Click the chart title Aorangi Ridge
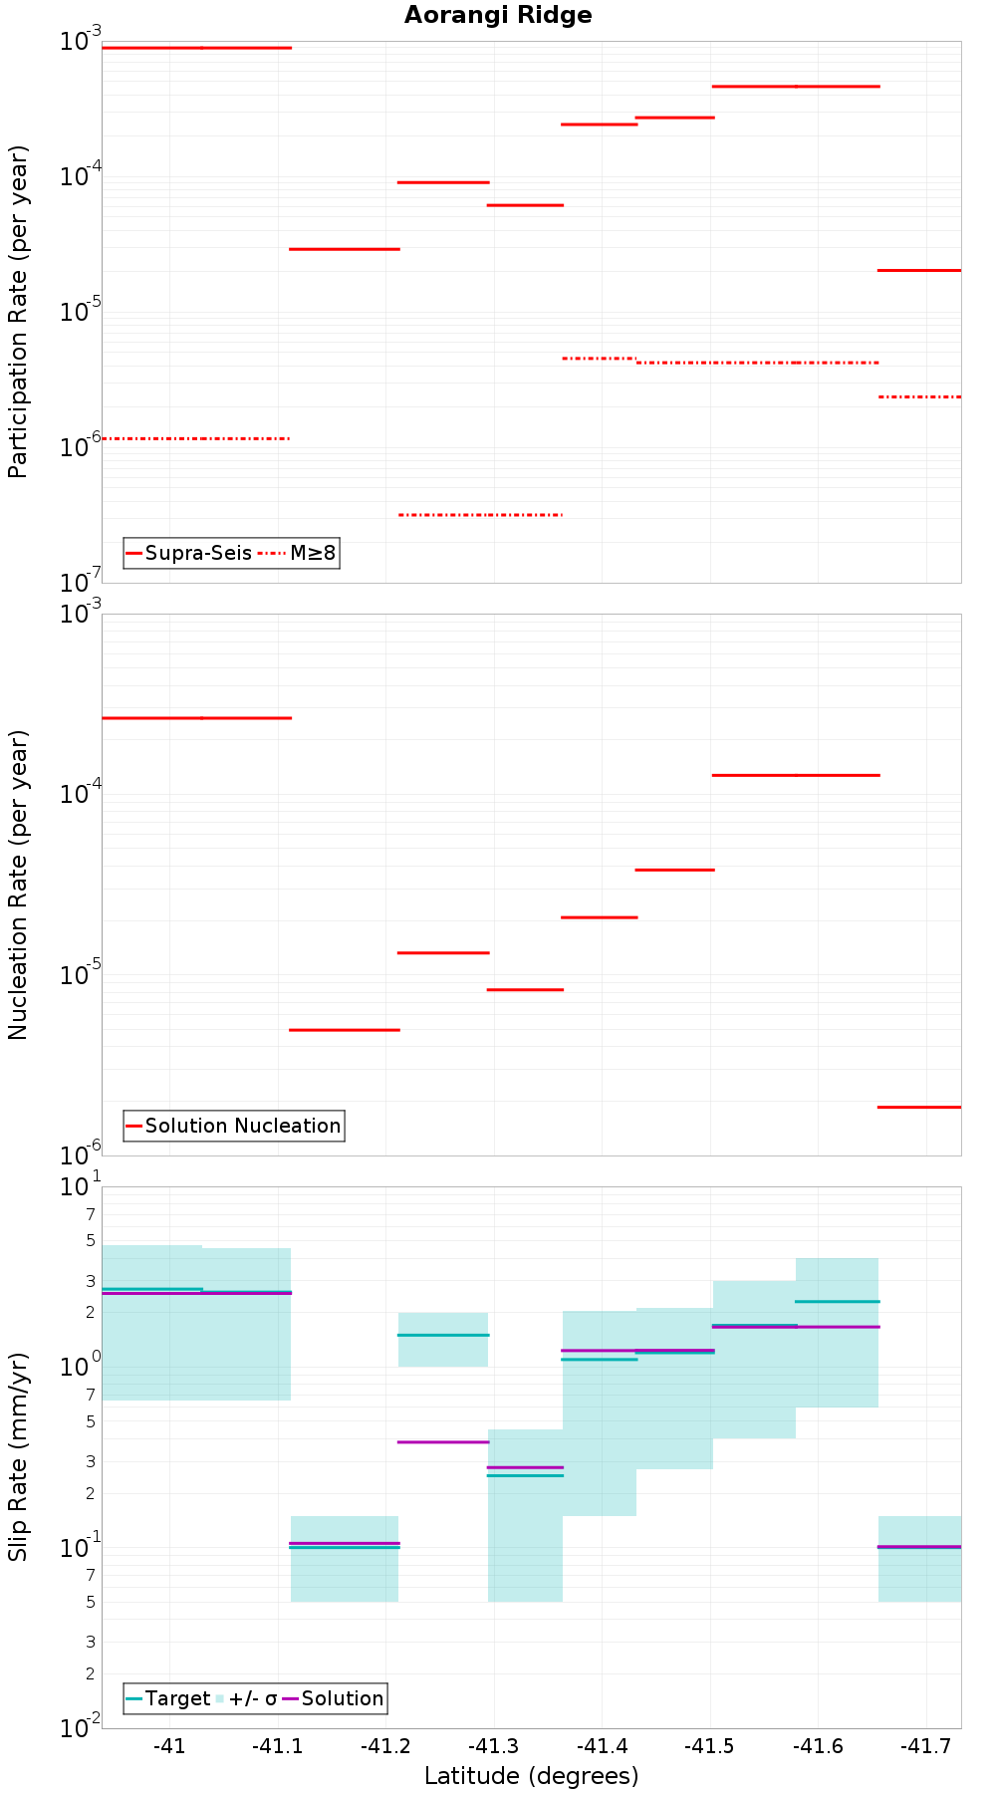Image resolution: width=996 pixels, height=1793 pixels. pos(498,15)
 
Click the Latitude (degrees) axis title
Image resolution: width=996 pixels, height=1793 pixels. pos(531,1776)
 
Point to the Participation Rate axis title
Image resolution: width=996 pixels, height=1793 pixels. pos(18,312)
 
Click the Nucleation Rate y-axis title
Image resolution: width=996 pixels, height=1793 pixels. pos(18,885)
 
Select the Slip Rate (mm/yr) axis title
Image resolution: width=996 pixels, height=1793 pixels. pos(18,1456)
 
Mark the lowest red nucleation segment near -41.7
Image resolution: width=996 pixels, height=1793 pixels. pos(918,1107)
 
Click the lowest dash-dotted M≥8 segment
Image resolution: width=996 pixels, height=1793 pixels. pos(480,515)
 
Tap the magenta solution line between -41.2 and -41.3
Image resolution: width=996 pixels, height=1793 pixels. pos(443,1441)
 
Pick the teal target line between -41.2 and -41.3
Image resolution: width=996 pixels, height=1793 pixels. pos(443,1335)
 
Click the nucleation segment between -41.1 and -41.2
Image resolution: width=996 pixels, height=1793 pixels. pos(344,1030)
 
